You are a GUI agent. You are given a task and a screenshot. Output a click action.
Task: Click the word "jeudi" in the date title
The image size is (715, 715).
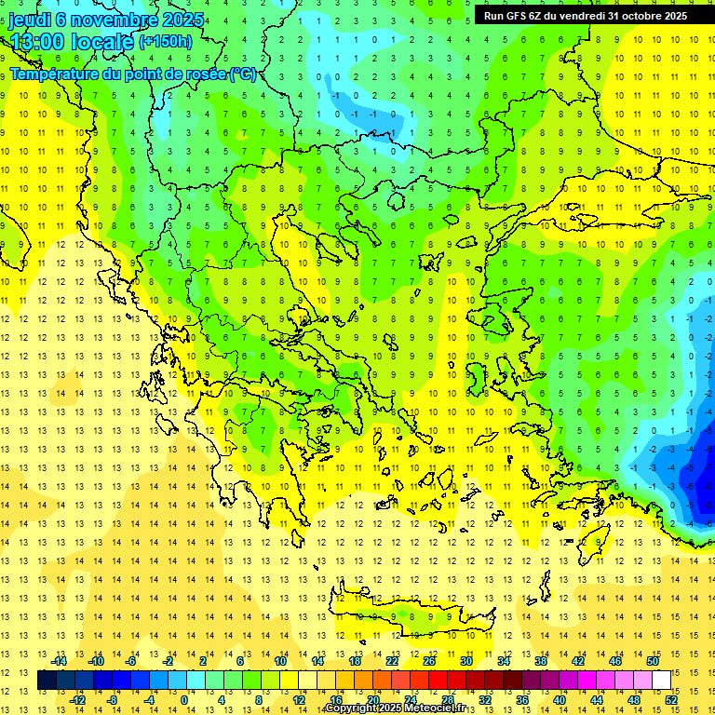coord(30,20)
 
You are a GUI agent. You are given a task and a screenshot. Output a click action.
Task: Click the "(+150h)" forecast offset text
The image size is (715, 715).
coord(166,42)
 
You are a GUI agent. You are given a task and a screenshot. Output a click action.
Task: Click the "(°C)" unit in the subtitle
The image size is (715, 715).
coord(243,74)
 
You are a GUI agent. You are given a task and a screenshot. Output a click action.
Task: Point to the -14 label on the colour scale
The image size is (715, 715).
coord(60,661)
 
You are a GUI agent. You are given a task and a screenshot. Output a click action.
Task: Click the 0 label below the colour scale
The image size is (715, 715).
coord(183,700)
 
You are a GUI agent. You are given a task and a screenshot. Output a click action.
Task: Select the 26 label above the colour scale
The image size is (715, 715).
coord(429,661)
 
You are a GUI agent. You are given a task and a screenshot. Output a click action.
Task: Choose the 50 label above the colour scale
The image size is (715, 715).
coord(652,661)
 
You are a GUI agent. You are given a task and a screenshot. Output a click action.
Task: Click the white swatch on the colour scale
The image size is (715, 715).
coord(661,681)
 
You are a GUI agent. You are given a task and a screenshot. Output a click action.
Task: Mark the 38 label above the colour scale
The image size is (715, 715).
coord(540,661)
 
